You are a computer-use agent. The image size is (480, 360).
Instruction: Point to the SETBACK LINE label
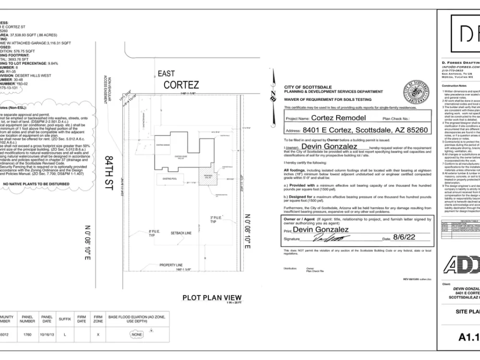click(181, 233)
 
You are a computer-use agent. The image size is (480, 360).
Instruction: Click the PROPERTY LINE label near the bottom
click(171, 264)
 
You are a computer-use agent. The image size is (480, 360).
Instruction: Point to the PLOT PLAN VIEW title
click(212, 298)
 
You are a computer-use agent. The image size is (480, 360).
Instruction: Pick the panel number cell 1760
click(27, 335)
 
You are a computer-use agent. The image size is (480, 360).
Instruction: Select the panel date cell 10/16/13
click(47, 335)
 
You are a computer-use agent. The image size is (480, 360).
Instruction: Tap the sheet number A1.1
click(468, 337)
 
